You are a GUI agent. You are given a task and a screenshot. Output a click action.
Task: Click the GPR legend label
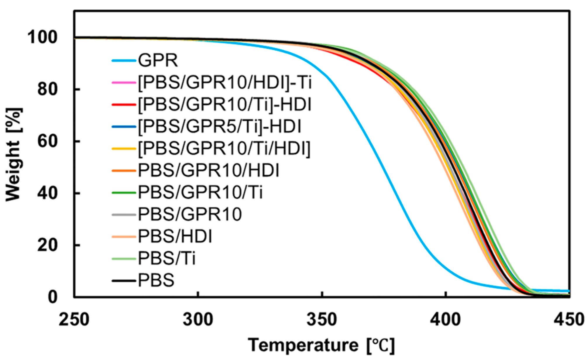pyautogui.click(x=158, y=61)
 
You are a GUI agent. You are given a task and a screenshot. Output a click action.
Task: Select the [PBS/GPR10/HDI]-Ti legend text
pyautogui.click(x=225, y=83)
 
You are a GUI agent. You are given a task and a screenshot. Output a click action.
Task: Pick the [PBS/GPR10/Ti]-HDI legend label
pyautogui.click(x=225, y=105)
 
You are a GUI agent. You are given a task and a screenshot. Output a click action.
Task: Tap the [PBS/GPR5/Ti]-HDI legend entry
pyautogui.click(x=219, y=127)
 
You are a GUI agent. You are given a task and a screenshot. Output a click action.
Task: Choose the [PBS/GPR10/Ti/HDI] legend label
pyautogui.click(x=224, y=149)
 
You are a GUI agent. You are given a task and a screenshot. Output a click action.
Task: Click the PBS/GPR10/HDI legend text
pyautogui.click(x=208, y=170)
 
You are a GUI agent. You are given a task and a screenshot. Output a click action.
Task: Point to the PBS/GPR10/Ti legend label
pyautogui.click(x=200, y=192)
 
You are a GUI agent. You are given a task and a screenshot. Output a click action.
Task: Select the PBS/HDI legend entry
pyautogui.click(x=175, y=236)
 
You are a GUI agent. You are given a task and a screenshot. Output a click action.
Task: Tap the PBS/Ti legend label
pyautogui.click(x=167, y=259)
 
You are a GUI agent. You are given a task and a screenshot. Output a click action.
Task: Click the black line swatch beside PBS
pyautogui.click(x=124, y=281)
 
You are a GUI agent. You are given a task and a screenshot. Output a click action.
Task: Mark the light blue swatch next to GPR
pyautogui.click(x=124, y=61)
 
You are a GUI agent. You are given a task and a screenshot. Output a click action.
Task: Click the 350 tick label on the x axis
pyautogui.click(x=322, y=319)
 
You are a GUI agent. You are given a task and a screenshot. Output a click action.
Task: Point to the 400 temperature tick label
pyautogui.click(x=445, y=319)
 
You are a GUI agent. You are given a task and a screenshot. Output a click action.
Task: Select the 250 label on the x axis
pyautogui.click(x=74, y=319)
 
